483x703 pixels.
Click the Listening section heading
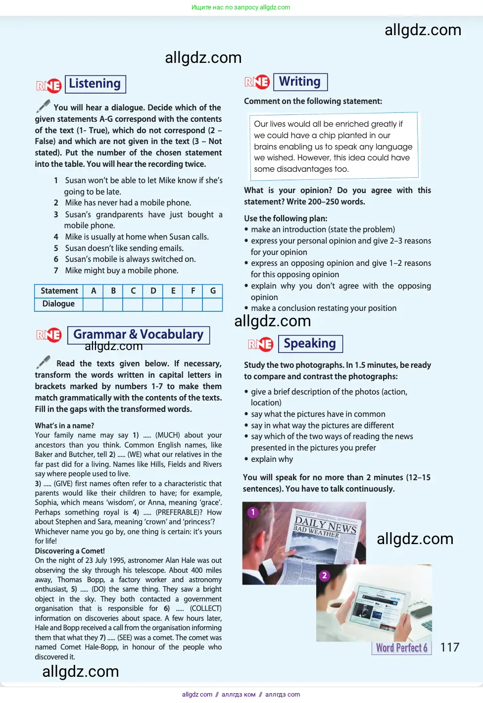95,84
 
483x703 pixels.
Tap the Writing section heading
300,82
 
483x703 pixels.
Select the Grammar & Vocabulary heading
138,335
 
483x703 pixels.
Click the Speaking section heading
310,344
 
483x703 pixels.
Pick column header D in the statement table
153,291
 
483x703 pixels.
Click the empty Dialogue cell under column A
93,304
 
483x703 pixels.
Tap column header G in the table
213,291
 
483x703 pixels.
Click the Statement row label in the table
59,291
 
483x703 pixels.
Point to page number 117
449,647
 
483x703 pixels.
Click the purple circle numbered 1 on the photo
253,512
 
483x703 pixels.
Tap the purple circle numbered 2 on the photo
324,575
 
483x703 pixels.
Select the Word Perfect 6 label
401,648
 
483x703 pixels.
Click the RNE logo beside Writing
257,82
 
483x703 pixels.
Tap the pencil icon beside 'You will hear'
44,106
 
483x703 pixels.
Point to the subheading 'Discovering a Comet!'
70,551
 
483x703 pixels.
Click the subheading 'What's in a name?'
64,426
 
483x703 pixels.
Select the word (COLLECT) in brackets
206,608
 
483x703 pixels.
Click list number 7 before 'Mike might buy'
56,271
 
